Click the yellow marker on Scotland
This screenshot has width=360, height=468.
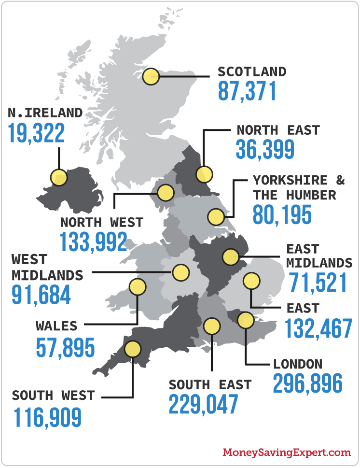point(152,76)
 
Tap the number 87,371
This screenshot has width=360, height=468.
point(247,91)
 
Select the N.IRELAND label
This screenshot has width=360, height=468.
point(45,113)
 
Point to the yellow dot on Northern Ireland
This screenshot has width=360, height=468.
point(59,177)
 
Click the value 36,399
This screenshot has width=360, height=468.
point(265,150)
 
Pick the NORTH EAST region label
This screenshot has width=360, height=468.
point(278,130)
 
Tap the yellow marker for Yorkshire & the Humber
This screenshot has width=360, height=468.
point(216,217)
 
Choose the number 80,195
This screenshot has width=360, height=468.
point(282,215)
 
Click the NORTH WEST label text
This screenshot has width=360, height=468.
point(101,222)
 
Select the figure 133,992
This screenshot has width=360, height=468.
point(94,242)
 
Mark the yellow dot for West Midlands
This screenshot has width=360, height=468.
point(181,272)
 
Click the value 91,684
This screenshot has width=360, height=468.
point(42,295)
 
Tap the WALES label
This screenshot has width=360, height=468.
point(56,326)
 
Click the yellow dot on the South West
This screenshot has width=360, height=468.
point(132,348)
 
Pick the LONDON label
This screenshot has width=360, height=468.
point(298,364)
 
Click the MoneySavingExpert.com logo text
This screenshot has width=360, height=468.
point(287,453)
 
